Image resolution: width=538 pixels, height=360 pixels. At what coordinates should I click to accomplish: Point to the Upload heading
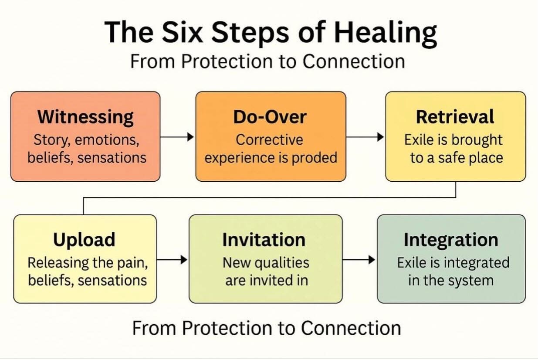point(84,240)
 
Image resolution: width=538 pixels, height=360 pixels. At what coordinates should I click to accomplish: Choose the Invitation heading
point(264,240)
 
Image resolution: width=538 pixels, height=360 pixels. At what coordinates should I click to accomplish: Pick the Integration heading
point(451,240)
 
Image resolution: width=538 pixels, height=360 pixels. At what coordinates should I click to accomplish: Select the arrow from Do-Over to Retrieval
point(365,137)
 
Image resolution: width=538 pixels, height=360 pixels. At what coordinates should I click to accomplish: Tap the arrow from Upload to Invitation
point(172,260)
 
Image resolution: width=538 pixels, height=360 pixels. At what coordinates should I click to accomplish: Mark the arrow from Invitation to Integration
point(359,260)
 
